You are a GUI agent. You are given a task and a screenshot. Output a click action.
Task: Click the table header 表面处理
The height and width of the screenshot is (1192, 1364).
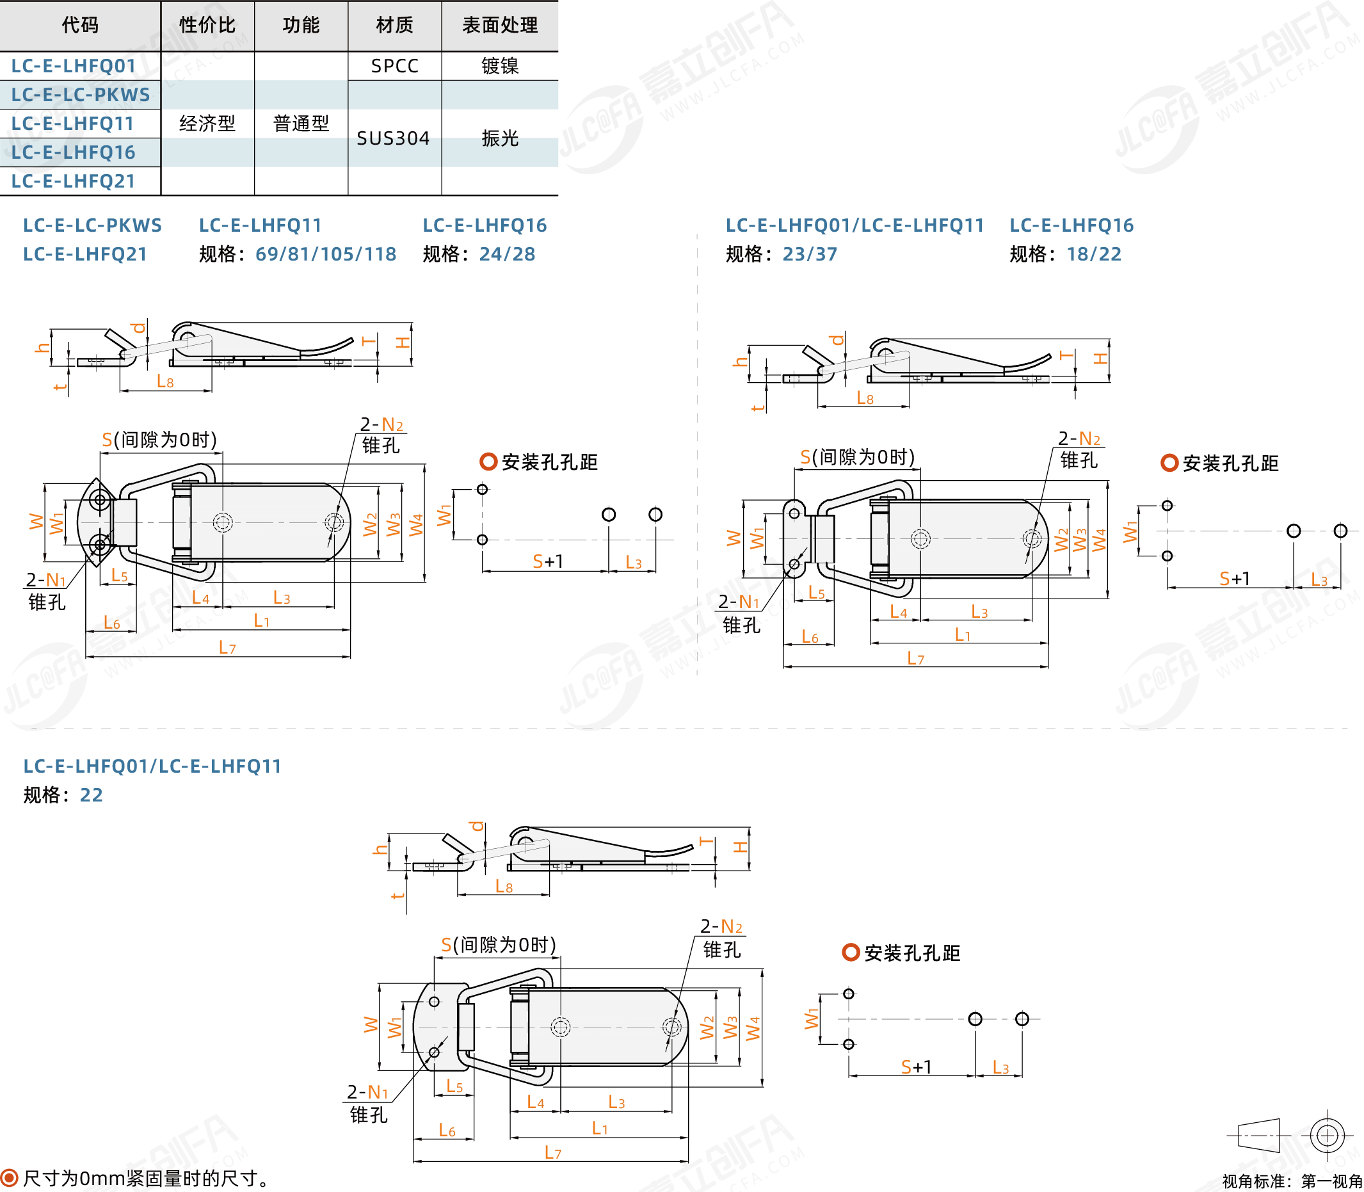(499, 25)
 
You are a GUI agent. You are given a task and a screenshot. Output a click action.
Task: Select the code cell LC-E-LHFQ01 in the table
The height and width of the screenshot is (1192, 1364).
(73, 66)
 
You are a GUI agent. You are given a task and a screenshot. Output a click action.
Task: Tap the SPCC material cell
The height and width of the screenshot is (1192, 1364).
(394, 66)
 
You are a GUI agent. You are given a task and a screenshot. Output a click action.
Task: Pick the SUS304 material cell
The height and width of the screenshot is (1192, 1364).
(393, 138)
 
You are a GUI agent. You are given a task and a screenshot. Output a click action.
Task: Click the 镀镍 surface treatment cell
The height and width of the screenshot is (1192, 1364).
(499, 66)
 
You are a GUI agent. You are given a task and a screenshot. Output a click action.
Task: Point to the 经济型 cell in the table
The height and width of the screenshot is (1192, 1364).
(207, 123)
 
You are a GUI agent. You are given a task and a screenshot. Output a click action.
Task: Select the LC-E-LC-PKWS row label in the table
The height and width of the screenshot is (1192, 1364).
(81, 95)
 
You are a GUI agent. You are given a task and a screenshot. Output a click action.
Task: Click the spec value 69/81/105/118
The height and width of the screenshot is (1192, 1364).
(326, 254)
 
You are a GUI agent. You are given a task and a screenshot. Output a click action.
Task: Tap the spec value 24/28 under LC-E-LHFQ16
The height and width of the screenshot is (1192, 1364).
(507, 254)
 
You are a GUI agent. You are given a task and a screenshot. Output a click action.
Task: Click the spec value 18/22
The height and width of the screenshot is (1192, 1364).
(1093, 254)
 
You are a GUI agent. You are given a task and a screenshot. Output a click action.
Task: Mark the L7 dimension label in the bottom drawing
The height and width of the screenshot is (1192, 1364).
(552, 1152)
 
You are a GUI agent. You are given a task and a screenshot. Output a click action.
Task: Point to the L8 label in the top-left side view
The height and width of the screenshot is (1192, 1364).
(165, 381)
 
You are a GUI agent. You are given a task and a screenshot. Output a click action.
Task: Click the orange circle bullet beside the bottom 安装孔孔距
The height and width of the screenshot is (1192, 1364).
(851, 952)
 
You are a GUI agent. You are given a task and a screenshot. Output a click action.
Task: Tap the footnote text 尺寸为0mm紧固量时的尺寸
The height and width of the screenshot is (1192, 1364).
(147, 1178)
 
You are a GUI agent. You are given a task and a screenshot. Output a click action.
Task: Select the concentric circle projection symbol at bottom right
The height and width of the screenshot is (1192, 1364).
(1327, 1135)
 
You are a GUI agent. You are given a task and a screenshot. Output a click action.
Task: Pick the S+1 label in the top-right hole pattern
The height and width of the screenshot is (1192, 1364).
(1234, 578)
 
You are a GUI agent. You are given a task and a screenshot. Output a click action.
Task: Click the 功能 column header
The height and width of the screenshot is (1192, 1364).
(301, 25)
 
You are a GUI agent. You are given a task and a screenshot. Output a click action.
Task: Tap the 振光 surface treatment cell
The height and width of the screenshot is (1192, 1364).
(499, 138)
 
